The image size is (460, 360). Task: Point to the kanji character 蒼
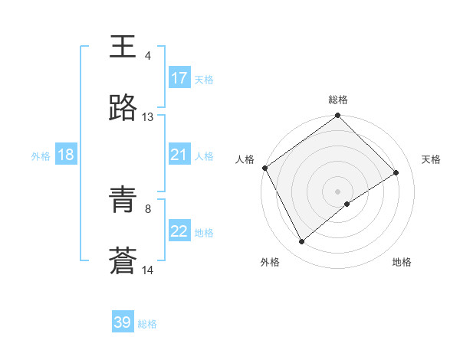coord(123,261)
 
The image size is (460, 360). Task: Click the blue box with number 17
coord(179,78)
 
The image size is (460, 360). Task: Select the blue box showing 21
coord(179,155)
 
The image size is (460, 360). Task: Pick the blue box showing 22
coord(179,232)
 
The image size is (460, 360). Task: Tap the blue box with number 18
coord(66,155)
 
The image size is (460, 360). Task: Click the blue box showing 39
coord(123,322)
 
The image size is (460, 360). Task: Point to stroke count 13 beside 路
coord(148,117)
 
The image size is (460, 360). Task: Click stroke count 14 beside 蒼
coord(148,270)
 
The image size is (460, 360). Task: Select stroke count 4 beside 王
coord(148,56)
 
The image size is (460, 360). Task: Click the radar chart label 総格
coord(338,100)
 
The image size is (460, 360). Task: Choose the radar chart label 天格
coord(432,159)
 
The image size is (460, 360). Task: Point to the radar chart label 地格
coord(402,262)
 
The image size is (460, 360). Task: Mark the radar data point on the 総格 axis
coord(338,116)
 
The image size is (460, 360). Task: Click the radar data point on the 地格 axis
coord(347,204)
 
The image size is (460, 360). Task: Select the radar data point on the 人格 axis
coord(264,168)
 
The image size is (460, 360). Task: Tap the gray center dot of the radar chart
coord(338,191)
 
